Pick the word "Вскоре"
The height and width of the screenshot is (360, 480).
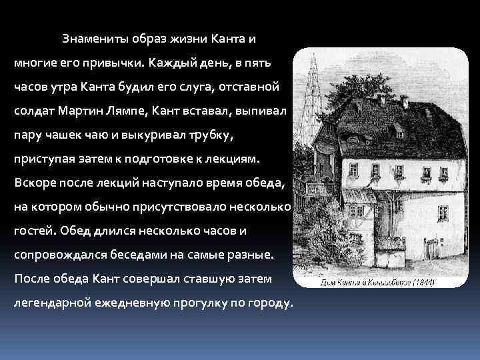point(33,183)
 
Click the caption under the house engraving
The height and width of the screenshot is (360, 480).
point(377,282)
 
